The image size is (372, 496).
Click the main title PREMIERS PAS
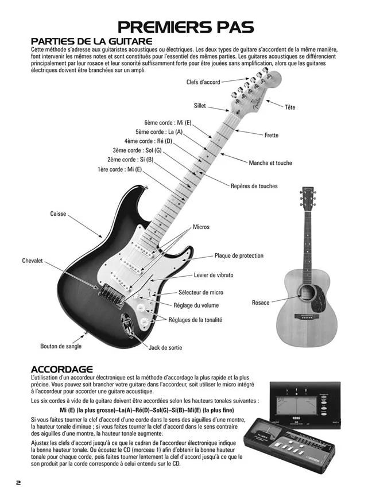(x=186, y=26)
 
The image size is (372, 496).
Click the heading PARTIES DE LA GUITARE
(x=91, y=41)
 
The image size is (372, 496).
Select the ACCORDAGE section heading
(x=61, y=369)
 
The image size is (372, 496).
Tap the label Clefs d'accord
(x=203, y=83)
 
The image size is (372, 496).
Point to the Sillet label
(x=199, y=106)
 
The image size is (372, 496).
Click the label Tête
(x=290, y=107)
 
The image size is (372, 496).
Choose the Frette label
(x=271, y=135)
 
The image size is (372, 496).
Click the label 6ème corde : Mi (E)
(x=168, y=123)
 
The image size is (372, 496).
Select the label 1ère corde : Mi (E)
(x=119, y=169)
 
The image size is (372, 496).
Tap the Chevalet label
(x=33, y=261)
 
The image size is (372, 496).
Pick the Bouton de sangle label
(x=61, y=346)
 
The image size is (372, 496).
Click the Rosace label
(x=261, y=303)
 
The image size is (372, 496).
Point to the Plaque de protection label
(x=239, y=255)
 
